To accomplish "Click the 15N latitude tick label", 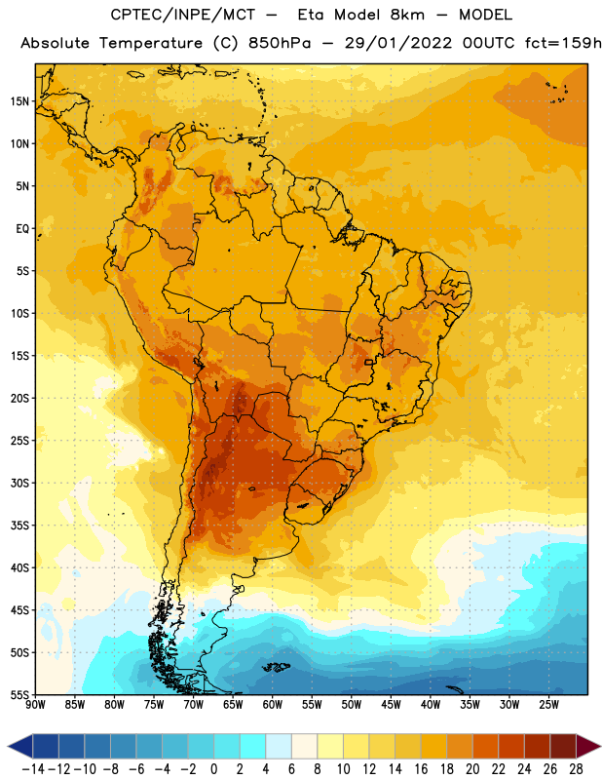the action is tap(19, 101).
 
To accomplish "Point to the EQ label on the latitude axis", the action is tap(22, 229).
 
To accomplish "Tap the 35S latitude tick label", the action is tap(19, 526).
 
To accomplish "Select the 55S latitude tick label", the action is tap(19, 695).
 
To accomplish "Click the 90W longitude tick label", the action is tap(35, 705).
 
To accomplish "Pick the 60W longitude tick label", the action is tap(273, 705).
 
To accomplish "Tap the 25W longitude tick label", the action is tap(548, 705).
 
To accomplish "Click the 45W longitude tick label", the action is tap(391, 705).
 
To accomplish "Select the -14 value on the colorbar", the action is tap(33, 769).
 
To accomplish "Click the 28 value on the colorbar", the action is tap(576, 769).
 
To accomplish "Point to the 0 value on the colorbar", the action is tap(213, 769).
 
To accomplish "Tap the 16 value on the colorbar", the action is tap(421, 769).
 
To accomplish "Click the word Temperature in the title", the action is tap(151, 43).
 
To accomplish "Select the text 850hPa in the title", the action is tap(280, 43).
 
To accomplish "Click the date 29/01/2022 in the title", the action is tap(398, 43).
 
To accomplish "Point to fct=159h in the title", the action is tap(563, 43).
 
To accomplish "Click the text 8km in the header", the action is tap(407, 15).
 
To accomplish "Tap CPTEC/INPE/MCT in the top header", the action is tap(182, 15).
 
